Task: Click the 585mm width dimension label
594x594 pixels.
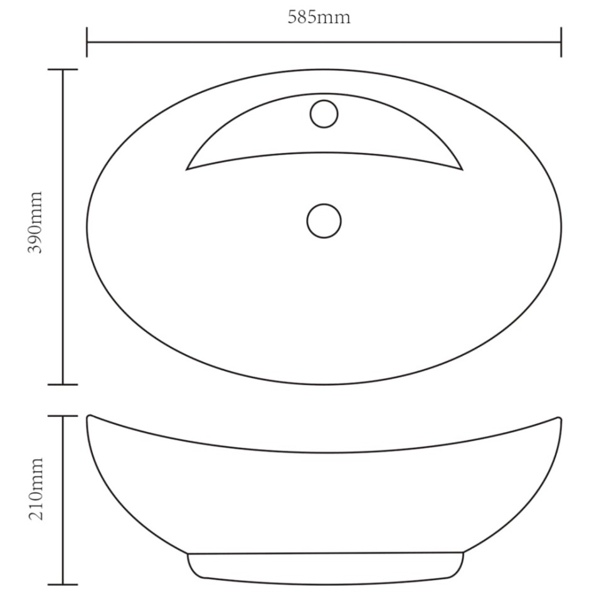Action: coord(319,17)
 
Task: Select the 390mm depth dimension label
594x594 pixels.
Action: coord(36,222)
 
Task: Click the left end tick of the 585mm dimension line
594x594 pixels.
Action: coord(87,42)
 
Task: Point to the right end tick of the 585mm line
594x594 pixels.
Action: coord(561,42)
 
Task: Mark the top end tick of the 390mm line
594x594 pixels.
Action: coord(63,70)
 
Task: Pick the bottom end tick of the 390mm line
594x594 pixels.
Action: coord(63,385)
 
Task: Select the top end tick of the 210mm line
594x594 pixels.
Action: coord(63,416)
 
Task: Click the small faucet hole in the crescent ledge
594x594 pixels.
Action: coord(324,114)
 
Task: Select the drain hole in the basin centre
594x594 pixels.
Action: coord(324,221)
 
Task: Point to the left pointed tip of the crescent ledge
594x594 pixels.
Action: coord(187,169)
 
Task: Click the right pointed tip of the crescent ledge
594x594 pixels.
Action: coord(462,169)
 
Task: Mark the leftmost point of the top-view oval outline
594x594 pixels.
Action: coord(87,227)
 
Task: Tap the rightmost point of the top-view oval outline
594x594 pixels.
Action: coord(561,227)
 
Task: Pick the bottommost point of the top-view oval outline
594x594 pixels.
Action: coord(324,385)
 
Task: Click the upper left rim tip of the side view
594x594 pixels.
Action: coord(88,416)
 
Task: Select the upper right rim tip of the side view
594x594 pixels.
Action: coord(560,417)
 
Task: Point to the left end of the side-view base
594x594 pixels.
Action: coord(188,554)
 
